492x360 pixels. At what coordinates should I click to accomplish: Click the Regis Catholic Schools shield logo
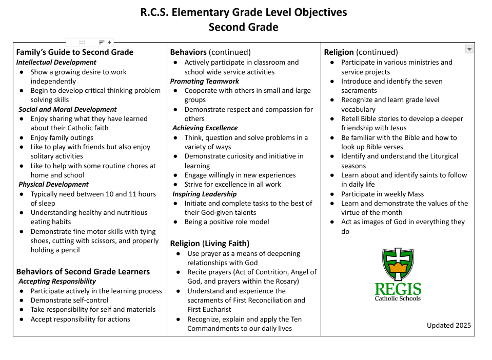click(398, 265)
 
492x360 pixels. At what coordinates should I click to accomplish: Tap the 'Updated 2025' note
click(448, 325)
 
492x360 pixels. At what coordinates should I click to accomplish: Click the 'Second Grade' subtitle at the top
click(243, 27)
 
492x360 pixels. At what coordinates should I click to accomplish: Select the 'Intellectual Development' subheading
click(56, 62)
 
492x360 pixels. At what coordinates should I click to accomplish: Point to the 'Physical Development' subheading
click(53, 184)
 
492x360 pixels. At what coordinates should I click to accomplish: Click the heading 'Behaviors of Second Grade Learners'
click(83, 271)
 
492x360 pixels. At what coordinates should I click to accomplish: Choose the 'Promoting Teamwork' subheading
click(205, 81)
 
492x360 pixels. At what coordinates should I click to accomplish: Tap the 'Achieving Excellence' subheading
click(205, 128)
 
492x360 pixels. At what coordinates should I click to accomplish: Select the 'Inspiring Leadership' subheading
click(204, 194)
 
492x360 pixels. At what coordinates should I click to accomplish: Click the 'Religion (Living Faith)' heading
click(210, 243)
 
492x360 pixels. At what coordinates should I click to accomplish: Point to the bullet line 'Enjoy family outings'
click(62, 137)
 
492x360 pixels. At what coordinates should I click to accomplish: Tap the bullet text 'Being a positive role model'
click(227, 222)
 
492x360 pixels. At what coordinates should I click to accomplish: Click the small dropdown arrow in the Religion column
click(469, 49)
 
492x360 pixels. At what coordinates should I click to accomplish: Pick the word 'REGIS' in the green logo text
click(398, 289)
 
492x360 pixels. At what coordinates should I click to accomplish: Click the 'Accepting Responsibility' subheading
click(57, 281)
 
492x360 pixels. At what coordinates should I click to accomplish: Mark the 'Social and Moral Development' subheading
click(67, 109)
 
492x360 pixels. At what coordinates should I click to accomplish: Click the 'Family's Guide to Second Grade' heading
click(75, 52)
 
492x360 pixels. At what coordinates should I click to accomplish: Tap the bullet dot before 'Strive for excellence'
click(175, 185)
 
